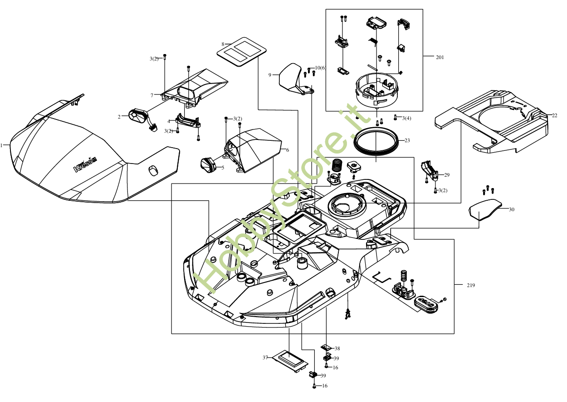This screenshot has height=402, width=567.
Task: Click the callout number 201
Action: click(x=440, y=57)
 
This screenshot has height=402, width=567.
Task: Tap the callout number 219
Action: click(x=471, y=285)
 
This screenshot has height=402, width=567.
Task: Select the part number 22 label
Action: click(x=554, y=115)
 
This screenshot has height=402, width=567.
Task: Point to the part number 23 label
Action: click(x=407, y=140)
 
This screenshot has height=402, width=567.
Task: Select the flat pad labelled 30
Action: click(x=485, y=209)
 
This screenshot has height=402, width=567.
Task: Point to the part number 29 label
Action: click(x=446, y=175)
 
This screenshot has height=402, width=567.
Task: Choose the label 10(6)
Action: click(x=320, y=68)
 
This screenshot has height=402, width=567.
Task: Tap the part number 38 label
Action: click(x=337, y=348)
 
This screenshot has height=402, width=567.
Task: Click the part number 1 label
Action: click(x=2, y=145)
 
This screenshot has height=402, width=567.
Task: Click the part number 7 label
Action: click(x=152, y=95)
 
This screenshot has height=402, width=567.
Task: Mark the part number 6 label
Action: click(x=287, y=150)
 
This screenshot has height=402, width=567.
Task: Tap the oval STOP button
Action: click(x=427, y=303)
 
